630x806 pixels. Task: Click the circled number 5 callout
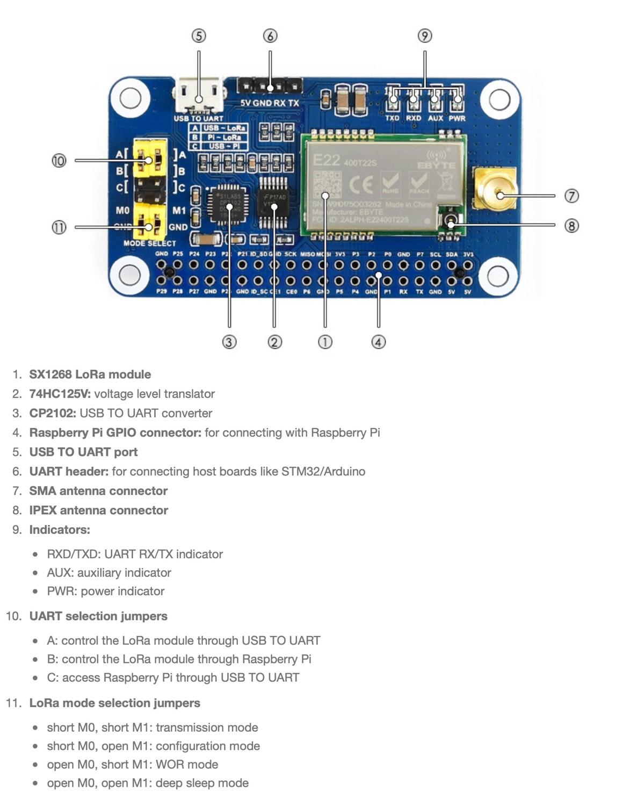[x=199, y=36]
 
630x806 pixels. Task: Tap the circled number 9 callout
[x=424, y=36]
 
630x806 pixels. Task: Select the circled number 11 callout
[x=59, y=227]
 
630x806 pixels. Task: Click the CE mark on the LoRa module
[x=360, y=184]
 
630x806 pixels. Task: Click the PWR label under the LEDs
[x=457, y=118]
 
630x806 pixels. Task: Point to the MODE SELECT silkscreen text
[x=149, y=243]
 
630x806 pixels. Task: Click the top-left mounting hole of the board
[x=130, y=98]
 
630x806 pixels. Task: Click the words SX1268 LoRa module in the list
[x=90, y=375]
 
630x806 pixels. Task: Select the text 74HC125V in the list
[x=60, y=394]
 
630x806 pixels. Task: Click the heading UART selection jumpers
[x=98, y=616]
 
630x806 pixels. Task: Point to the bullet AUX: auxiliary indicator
[x=109, y=573]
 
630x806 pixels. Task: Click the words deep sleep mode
[x=217, y=783]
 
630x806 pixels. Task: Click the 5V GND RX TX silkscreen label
[x=269, y=103]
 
